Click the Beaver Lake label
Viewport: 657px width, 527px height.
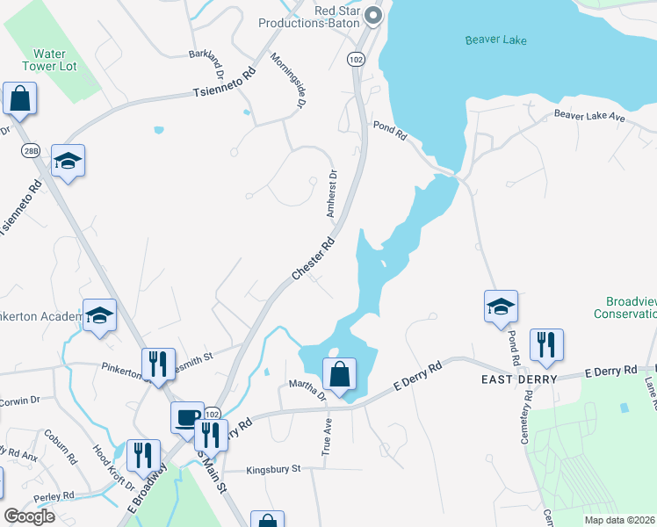pos(495,40)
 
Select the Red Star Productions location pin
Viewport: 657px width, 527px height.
pos(373,15)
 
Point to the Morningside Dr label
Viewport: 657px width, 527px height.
pos(287,80)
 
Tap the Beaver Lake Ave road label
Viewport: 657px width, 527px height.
pos(588,116)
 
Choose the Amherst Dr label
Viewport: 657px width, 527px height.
pos(332,194)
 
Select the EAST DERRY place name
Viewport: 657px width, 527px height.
pos(518,379)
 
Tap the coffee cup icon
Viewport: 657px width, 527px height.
pos(187,417)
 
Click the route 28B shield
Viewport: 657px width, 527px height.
pos(32,150)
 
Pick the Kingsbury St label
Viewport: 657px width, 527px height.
pos(273,469)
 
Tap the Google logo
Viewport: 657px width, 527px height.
pos(28,516)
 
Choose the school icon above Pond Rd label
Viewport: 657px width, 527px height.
pos(501,307)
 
